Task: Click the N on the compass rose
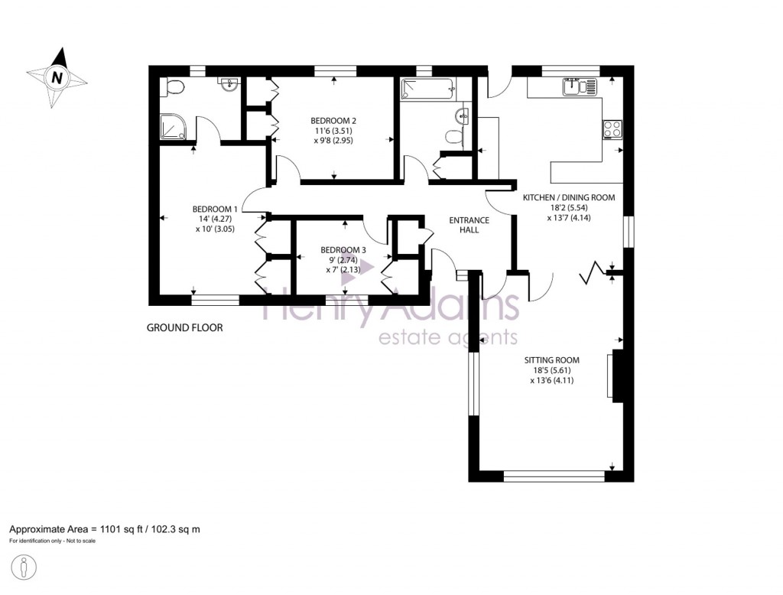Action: click(57, 77)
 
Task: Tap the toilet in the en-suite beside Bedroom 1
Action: click(174, 87)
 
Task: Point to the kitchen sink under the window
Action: click(579, 88)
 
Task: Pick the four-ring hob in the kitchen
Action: click(613, 128)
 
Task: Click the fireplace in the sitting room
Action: click(616, 376)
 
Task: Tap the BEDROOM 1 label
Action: click(214, 209)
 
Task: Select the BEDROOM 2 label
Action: click(333, 120)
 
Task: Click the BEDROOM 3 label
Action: click(343, 250)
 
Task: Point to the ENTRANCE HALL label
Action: click(469, 225)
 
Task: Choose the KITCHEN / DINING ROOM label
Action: click(568, 197)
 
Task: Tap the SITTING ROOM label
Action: click(551, 359)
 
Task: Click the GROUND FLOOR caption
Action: click(184, 328)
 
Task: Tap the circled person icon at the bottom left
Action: click(25, 567)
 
